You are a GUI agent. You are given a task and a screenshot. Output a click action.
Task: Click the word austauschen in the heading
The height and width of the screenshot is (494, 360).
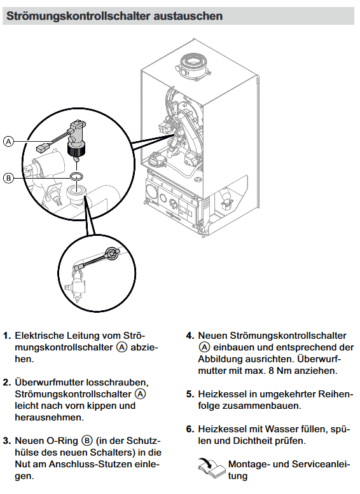tap(188, 16)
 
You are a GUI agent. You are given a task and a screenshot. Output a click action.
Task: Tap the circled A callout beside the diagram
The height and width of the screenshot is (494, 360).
tap(8, 141)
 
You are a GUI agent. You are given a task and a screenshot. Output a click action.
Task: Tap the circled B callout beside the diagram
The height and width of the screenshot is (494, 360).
tap(8, 178)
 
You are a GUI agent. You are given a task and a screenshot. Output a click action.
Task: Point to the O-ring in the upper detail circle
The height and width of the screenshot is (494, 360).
tap(76, 175)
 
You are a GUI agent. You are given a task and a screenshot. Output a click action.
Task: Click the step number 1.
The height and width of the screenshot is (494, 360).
tap(7, 336)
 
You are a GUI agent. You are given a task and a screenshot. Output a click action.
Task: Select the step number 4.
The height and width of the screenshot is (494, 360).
tap(190, 336)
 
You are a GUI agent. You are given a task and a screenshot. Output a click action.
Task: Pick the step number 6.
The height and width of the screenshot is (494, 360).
tap(190, 429)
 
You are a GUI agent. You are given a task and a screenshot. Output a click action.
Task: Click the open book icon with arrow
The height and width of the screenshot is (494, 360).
tap(212, 469)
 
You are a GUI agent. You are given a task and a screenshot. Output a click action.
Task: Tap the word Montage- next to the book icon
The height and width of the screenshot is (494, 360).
tap(249, 464)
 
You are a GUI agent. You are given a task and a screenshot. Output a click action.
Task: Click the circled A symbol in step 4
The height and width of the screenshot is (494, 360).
tap(204, 347)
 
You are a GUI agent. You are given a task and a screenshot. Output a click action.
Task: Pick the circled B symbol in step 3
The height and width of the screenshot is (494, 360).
tap(87, 441)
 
